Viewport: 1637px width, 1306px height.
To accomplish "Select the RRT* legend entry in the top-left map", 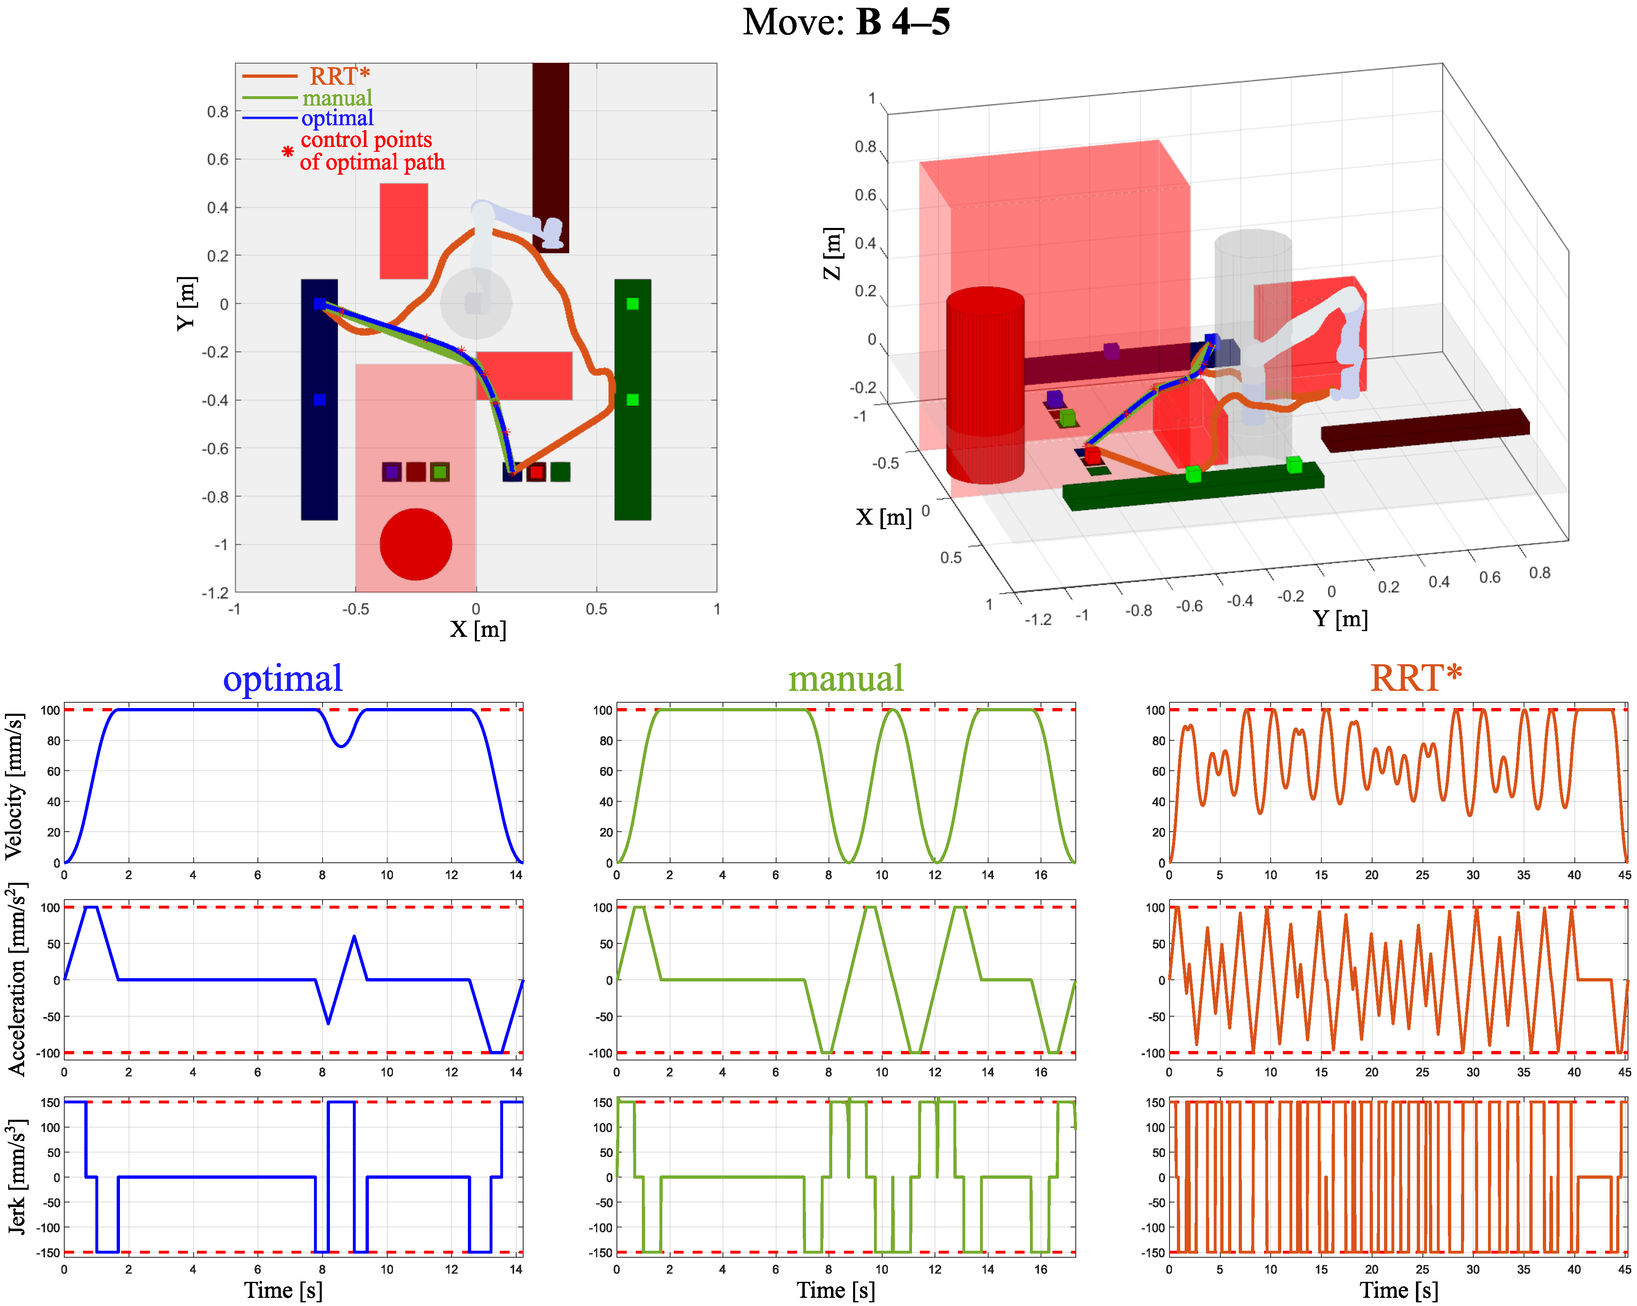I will [x=339, y=76].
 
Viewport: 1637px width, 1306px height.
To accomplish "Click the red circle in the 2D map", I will [x=415, y=544].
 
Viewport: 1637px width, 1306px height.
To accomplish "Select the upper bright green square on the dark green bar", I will [x=632, y=304].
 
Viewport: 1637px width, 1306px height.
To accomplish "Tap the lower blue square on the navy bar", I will [x=320, y=399].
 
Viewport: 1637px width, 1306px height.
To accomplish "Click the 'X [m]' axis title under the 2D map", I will [x=478, y=629].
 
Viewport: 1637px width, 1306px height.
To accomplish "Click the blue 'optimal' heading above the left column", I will [x=282, y=678].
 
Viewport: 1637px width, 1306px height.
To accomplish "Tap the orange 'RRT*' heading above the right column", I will [x=1415, y=678].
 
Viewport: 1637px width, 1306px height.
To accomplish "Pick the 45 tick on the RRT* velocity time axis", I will [x=1624, y=875].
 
